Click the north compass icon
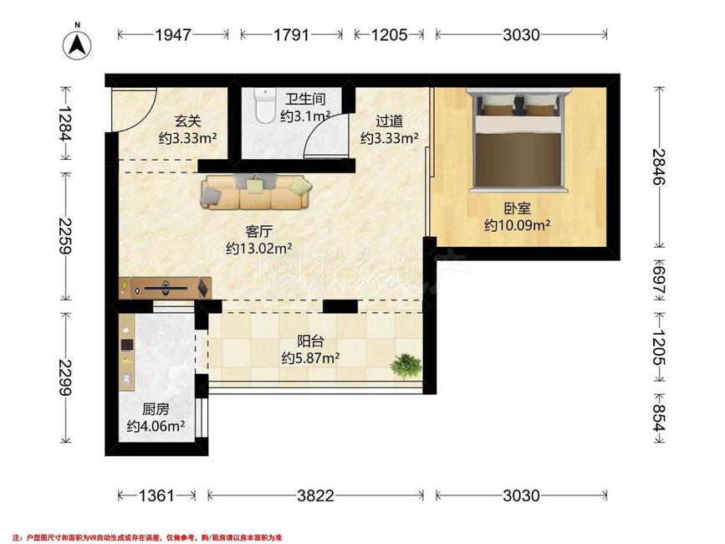(x=78, y=44)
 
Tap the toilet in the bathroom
(x=265, y=106)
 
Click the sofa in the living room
(x=256, y=192)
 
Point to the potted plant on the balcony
(x=407, y=365)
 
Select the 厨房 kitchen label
(x=156, y=410)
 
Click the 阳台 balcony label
(x=311, y=341)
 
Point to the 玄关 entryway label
(x=188, y=121)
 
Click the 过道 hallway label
(x=389, y=121)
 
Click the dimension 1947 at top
(x=173, y=35)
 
